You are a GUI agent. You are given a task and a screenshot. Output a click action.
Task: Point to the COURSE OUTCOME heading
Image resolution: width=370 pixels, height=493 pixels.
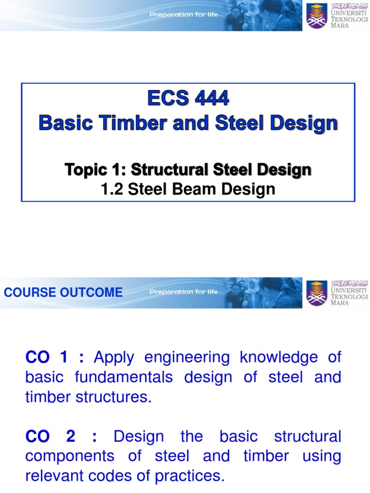63,292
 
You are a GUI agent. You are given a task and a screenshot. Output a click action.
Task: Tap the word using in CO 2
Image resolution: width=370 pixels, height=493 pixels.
321,456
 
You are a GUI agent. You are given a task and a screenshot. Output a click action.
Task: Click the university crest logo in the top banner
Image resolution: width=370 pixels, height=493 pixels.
317,15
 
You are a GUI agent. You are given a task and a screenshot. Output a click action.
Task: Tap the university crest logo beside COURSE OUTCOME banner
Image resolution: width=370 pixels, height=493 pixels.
317,293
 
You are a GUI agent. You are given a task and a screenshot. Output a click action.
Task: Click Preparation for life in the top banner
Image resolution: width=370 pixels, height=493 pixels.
184,14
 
